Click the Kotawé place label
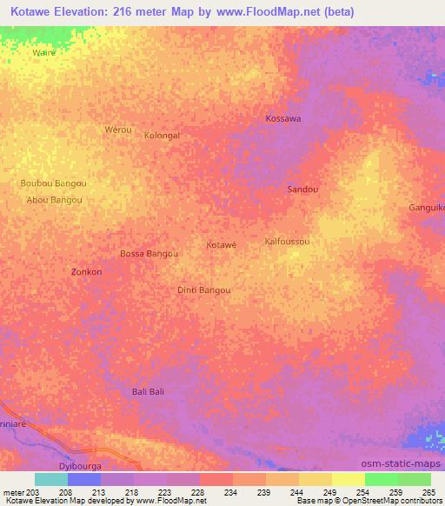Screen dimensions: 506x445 click(221, 245)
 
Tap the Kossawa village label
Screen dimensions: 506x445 click(282, 118)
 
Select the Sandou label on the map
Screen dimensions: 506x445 click(302, 189)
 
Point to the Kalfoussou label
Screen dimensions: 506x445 click(287, 241)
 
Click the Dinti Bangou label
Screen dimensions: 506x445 click(204, 290)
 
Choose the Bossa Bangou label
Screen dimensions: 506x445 click(149, 254)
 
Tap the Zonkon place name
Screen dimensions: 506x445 click(86, 272)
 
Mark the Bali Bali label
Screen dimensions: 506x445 click(148, 392)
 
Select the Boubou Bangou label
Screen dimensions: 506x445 click(53, 183)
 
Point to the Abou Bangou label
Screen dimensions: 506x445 click(55, 200)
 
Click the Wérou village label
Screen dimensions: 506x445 click(117, 130)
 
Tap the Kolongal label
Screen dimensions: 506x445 click(162, 136)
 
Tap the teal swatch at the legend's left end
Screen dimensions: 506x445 click(50, 479)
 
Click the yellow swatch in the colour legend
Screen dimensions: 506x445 click(348, 479)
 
